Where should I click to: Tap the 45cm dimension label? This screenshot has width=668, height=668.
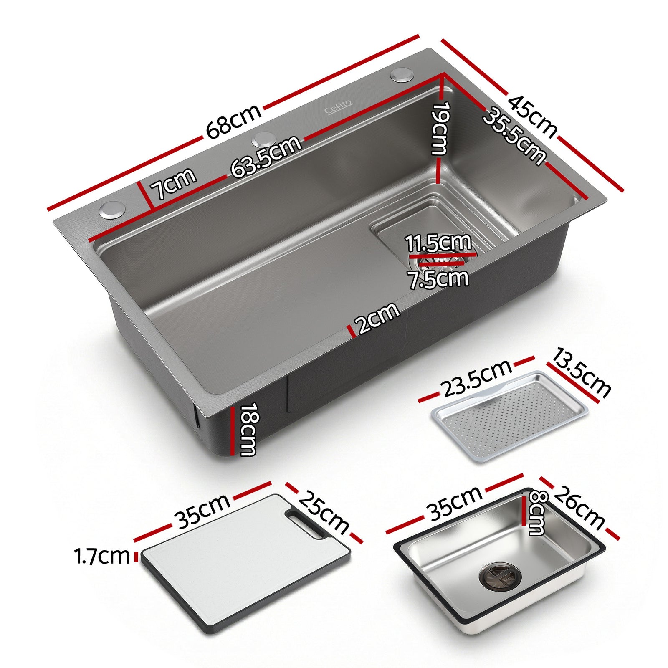click(x=532, y=117)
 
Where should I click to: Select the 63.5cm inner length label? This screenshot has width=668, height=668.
click(x=266, y=156)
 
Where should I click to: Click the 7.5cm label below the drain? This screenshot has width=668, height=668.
click(x=438, y=279)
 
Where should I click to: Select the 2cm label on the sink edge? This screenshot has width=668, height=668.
click(x=377, y=318)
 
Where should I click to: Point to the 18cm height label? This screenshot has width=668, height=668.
click(x=248, y=429)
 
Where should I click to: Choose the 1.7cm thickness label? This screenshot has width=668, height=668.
click(x=101, y=557)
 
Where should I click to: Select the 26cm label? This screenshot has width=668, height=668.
click(x=580, y=508)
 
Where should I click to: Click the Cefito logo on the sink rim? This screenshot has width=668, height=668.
click(x=339, y=107)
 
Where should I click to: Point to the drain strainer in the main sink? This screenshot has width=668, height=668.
click(x=438, y=261)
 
